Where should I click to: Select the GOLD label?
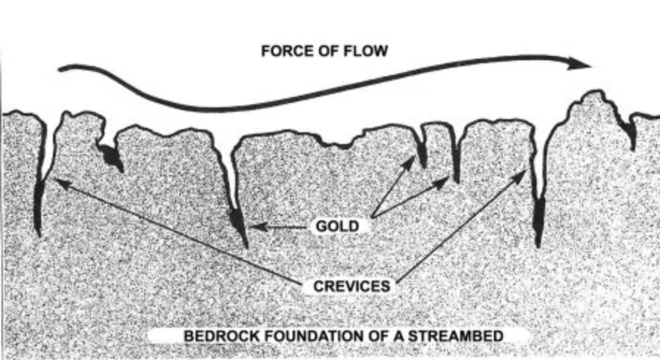(337, 226)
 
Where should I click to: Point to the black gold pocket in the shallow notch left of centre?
(110, 155)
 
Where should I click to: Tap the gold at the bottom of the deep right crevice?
(539, 220)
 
